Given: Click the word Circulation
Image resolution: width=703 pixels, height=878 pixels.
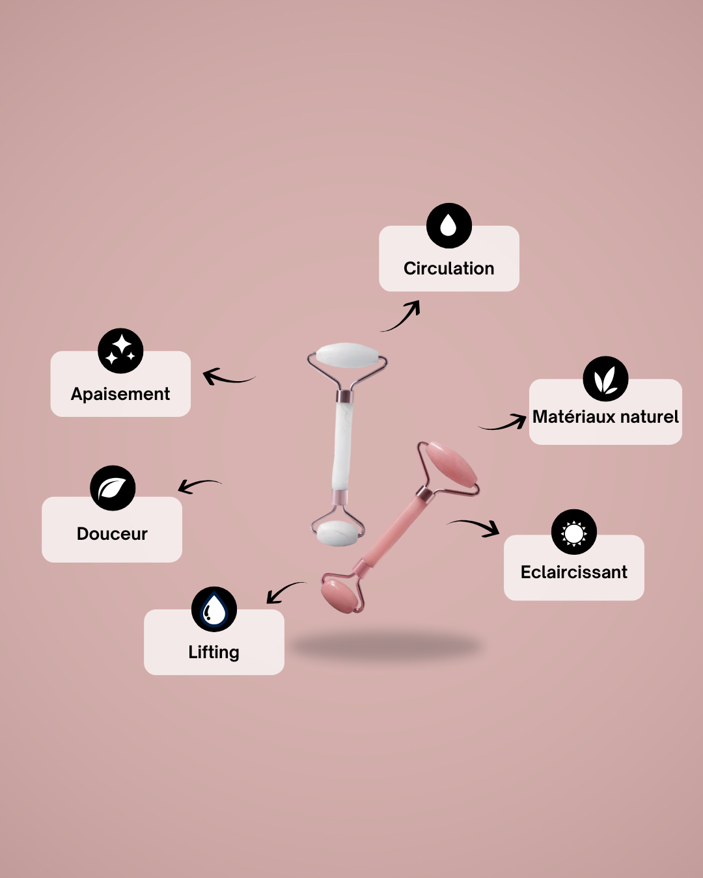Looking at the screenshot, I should [x=448, y=269].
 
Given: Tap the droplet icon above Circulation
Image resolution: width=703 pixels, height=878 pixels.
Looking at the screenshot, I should [x=448, y=226].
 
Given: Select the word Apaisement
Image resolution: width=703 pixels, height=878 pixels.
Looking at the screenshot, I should [x=120, y=394].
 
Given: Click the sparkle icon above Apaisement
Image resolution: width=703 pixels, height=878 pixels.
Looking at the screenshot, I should [x=120, y=351].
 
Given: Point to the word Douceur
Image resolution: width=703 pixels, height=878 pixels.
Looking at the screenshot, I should [x=112, y=534].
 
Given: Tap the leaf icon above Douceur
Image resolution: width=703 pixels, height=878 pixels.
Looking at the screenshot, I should [x=113, y=488].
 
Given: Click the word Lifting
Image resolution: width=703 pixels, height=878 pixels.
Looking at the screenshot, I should [x=214, y=652].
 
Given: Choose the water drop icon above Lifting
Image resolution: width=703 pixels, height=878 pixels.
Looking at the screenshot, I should [x=214, y=609].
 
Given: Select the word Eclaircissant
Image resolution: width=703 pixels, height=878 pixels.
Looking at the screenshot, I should [x=573, y=572].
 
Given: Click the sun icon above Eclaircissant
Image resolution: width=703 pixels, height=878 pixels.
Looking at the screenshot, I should [x=573, y=532].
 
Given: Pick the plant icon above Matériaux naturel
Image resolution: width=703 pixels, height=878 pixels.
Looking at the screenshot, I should [x=605, y=379].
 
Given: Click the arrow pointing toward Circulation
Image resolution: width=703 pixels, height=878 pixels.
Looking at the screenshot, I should [x=402, y=317].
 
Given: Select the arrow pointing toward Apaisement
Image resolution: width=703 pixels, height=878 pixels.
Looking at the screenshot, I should [x=228, y=377].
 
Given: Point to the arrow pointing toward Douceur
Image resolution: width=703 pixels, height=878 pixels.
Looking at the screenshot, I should [x=198, y=485].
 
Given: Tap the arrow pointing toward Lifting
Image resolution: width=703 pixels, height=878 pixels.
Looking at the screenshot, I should [x=284, y=591].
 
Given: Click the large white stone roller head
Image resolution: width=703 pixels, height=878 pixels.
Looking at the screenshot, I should [x=347, y=357].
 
